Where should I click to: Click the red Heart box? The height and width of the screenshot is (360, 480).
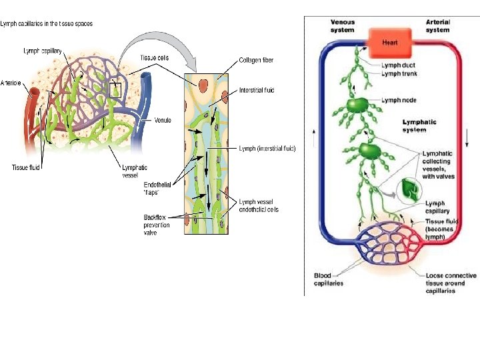tap(390, 42)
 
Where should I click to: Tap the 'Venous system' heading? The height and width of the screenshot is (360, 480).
tap(343, 25)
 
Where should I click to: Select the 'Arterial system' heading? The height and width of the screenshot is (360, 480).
tap(437, 25)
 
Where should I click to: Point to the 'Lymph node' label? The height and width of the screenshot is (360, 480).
tap(400, 100)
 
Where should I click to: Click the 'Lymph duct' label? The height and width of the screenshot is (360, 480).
tap(400, 65)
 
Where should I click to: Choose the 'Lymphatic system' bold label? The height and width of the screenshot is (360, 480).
tap(419, 126)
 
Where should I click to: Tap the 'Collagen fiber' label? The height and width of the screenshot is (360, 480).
tap(256, 60)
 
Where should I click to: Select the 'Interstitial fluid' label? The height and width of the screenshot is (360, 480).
tap(256, 90)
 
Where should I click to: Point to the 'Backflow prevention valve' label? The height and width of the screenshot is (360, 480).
tap(157, 225)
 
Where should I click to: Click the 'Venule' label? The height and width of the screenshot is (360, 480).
tap(163, 121)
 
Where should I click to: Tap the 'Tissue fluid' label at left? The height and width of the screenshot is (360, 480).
tap(25, 167)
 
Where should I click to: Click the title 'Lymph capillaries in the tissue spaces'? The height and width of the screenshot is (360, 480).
tap(47, 23)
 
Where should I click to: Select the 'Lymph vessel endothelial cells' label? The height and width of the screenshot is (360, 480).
tap(259, 205)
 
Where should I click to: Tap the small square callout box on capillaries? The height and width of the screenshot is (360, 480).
tap(115, 89)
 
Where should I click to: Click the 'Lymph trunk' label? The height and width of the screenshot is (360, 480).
tap(400, 73)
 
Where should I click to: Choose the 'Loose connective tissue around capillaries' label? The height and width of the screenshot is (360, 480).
tap(451, 283)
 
